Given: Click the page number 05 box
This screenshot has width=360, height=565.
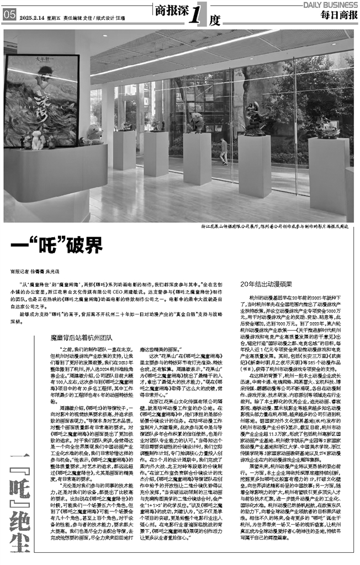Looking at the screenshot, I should [8, 16].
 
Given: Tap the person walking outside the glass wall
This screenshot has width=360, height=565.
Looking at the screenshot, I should [223, 150].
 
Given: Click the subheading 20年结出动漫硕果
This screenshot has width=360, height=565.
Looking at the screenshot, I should [266, 284].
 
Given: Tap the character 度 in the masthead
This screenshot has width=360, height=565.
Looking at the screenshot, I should [215, 20].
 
